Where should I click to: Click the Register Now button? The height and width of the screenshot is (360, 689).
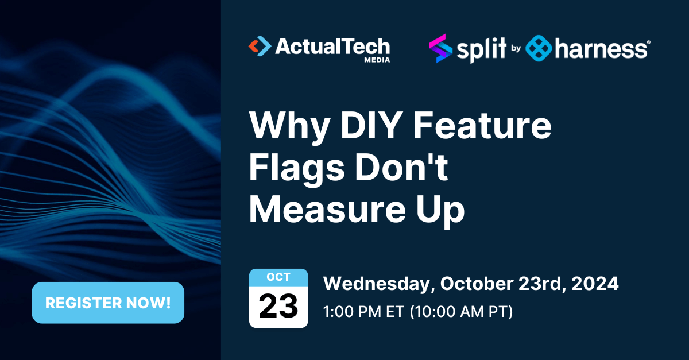pos(108,303)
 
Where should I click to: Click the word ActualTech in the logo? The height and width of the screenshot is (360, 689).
pos(332,46)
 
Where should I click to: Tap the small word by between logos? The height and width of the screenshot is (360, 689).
pos(516,49)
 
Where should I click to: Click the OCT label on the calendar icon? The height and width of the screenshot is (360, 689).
pos(278,277)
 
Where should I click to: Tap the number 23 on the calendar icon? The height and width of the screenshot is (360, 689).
pos(278,306)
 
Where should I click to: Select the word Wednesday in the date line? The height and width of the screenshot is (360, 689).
pos(377,284)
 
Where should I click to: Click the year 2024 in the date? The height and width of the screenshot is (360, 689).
pos(595,284)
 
